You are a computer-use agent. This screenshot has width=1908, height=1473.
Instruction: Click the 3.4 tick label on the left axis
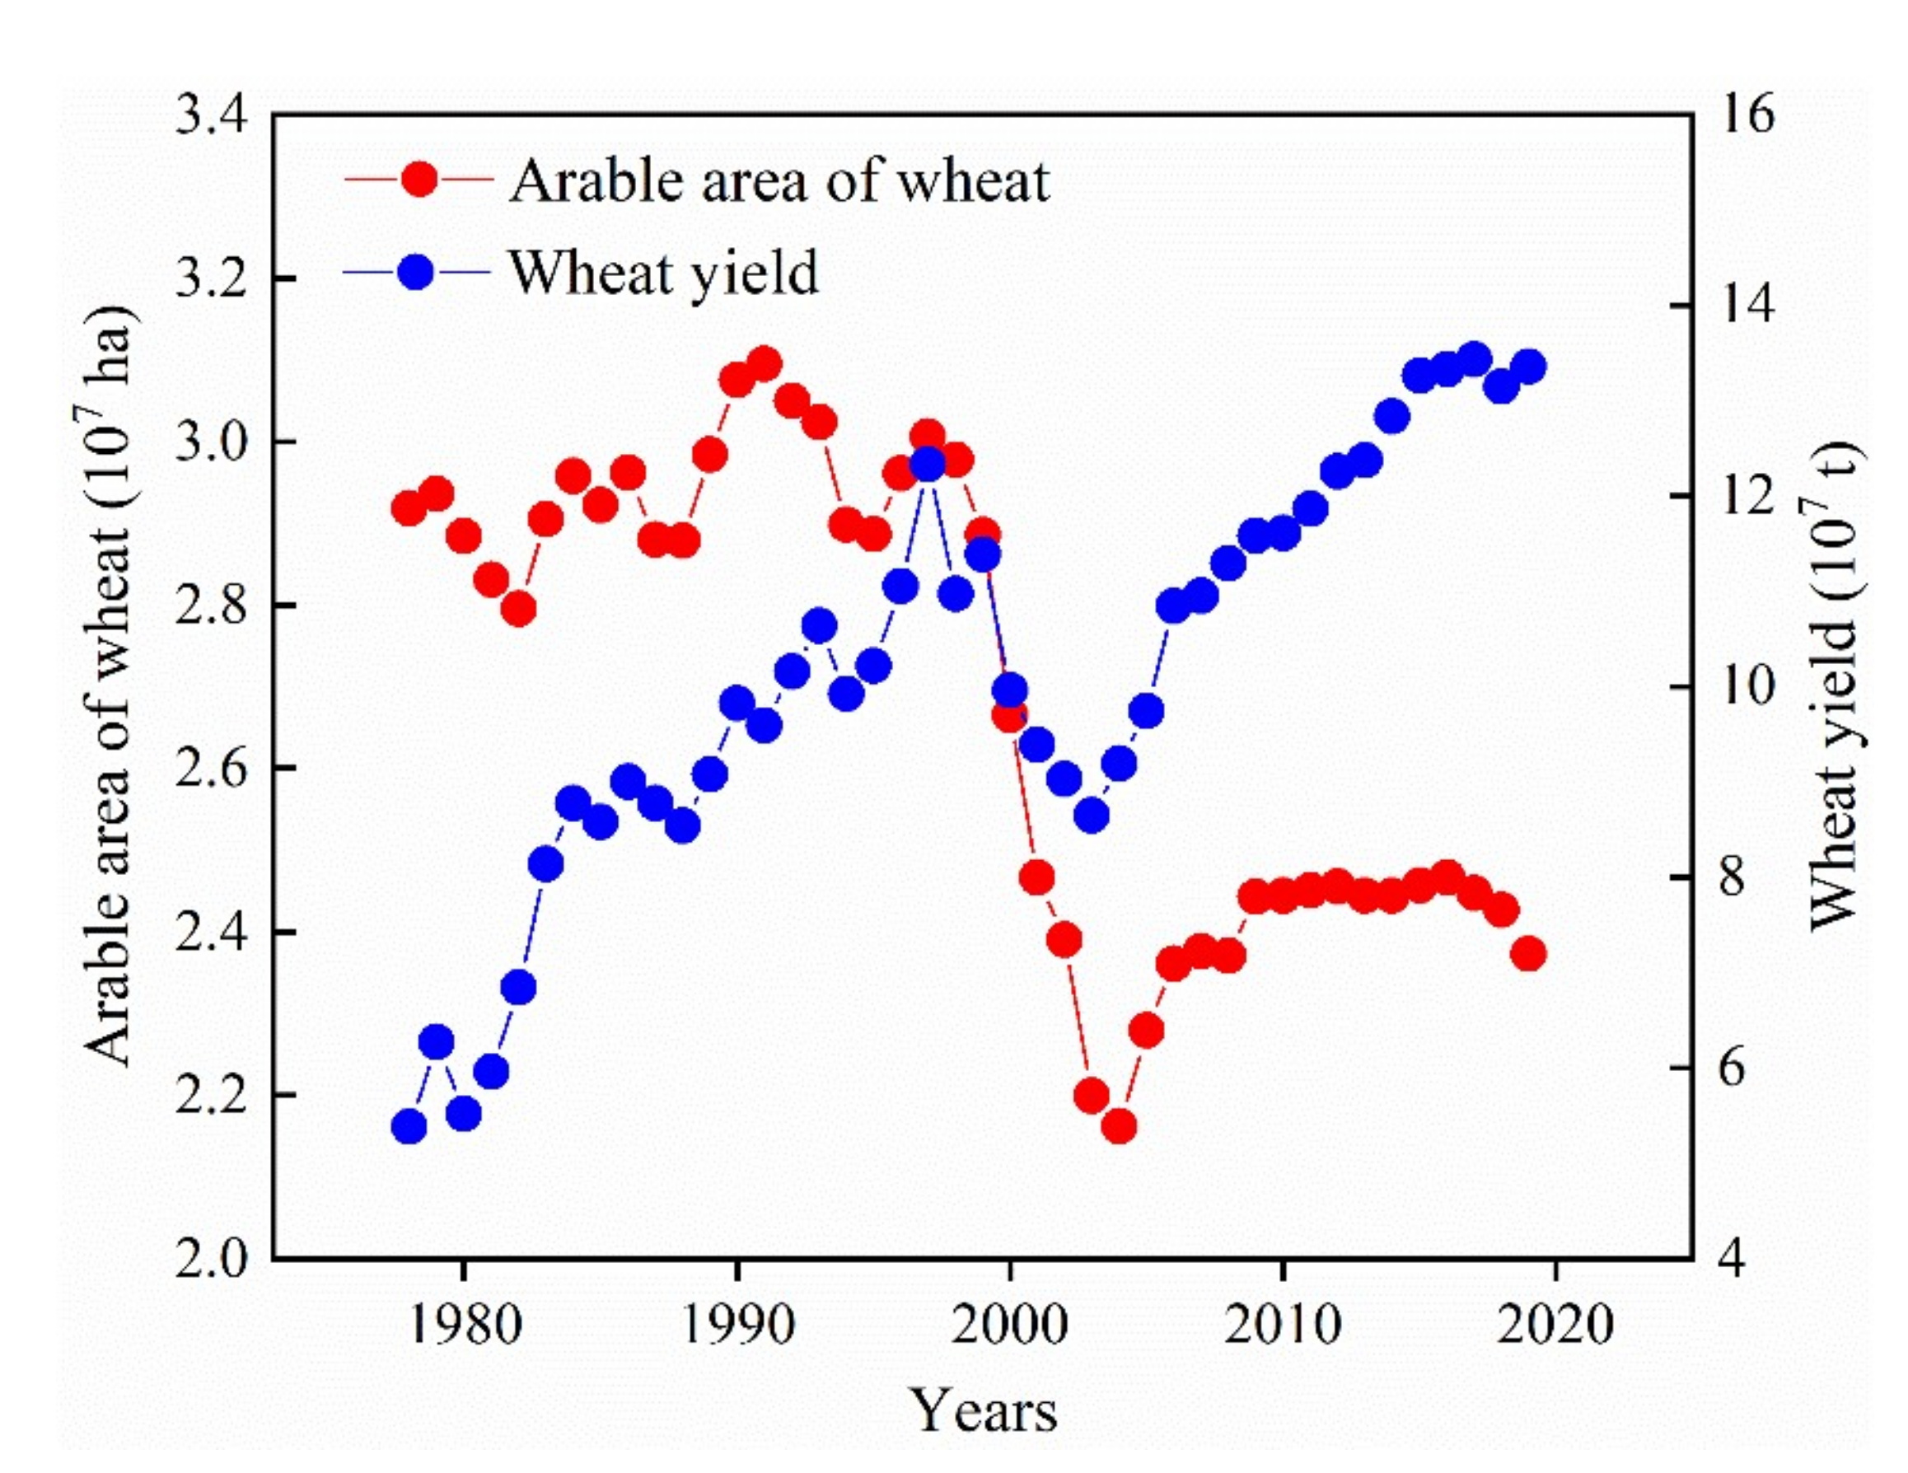click(x=213, y=115)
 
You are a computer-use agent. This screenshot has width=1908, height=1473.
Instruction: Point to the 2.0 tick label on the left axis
click(x=213, y=1259)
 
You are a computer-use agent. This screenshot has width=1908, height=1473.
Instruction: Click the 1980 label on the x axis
click(x=464, y=1325)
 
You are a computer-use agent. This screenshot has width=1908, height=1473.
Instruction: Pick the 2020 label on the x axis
click(x=1555, y=1325)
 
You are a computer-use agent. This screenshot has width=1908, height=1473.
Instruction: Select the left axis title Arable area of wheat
click(x=111, y=687)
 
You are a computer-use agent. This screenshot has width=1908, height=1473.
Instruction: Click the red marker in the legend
click(x=419, y=180)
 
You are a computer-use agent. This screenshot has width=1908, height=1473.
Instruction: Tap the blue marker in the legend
click(x=419, y=272)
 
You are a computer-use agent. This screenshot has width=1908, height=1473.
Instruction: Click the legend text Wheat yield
click(x=664, y=272)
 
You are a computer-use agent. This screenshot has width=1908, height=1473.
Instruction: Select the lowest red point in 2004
click(x=1119, y=1128)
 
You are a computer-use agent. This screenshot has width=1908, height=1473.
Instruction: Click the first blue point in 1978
click(x=409, y=1128)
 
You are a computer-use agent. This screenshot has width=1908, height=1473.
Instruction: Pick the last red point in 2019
click(x=1529, y=954)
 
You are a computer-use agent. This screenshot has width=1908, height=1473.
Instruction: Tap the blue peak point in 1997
click(x=928, y=465)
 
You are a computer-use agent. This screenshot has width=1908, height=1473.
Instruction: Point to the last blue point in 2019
click(x=1529, y=366)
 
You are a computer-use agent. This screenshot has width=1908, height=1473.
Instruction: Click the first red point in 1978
click(x=409, y=507)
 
